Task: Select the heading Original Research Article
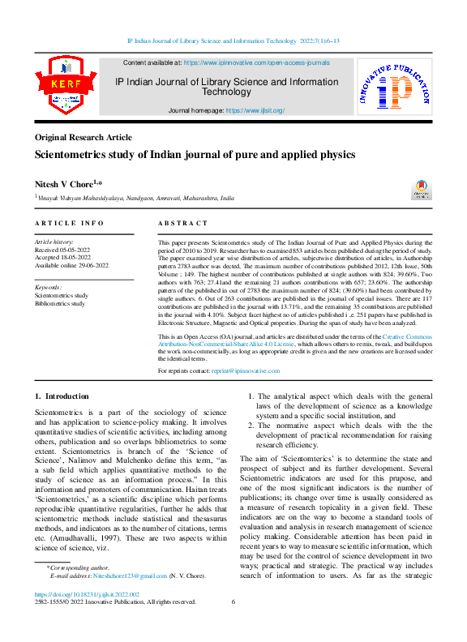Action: coord(84,138)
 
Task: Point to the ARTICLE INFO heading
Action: coord(70,222)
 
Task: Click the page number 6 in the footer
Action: coord(233,602)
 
